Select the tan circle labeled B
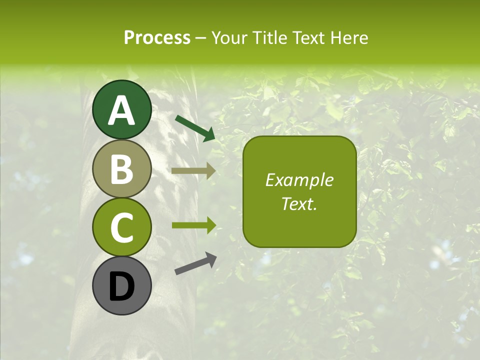(122, 169)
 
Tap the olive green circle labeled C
(122, 227)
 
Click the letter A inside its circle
(122, 110)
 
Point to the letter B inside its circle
(122, 169)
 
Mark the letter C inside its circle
(122, 228)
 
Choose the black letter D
(122, 287)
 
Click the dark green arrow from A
(195, 127)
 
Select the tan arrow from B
(193, 170)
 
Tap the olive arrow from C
(193, 225)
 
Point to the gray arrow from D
(195, 264)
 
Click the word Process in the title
(157, 38)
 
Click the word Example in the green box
(299, 180)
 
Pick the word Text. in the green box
(299, 203)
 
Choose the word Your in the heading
(229, 38)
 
